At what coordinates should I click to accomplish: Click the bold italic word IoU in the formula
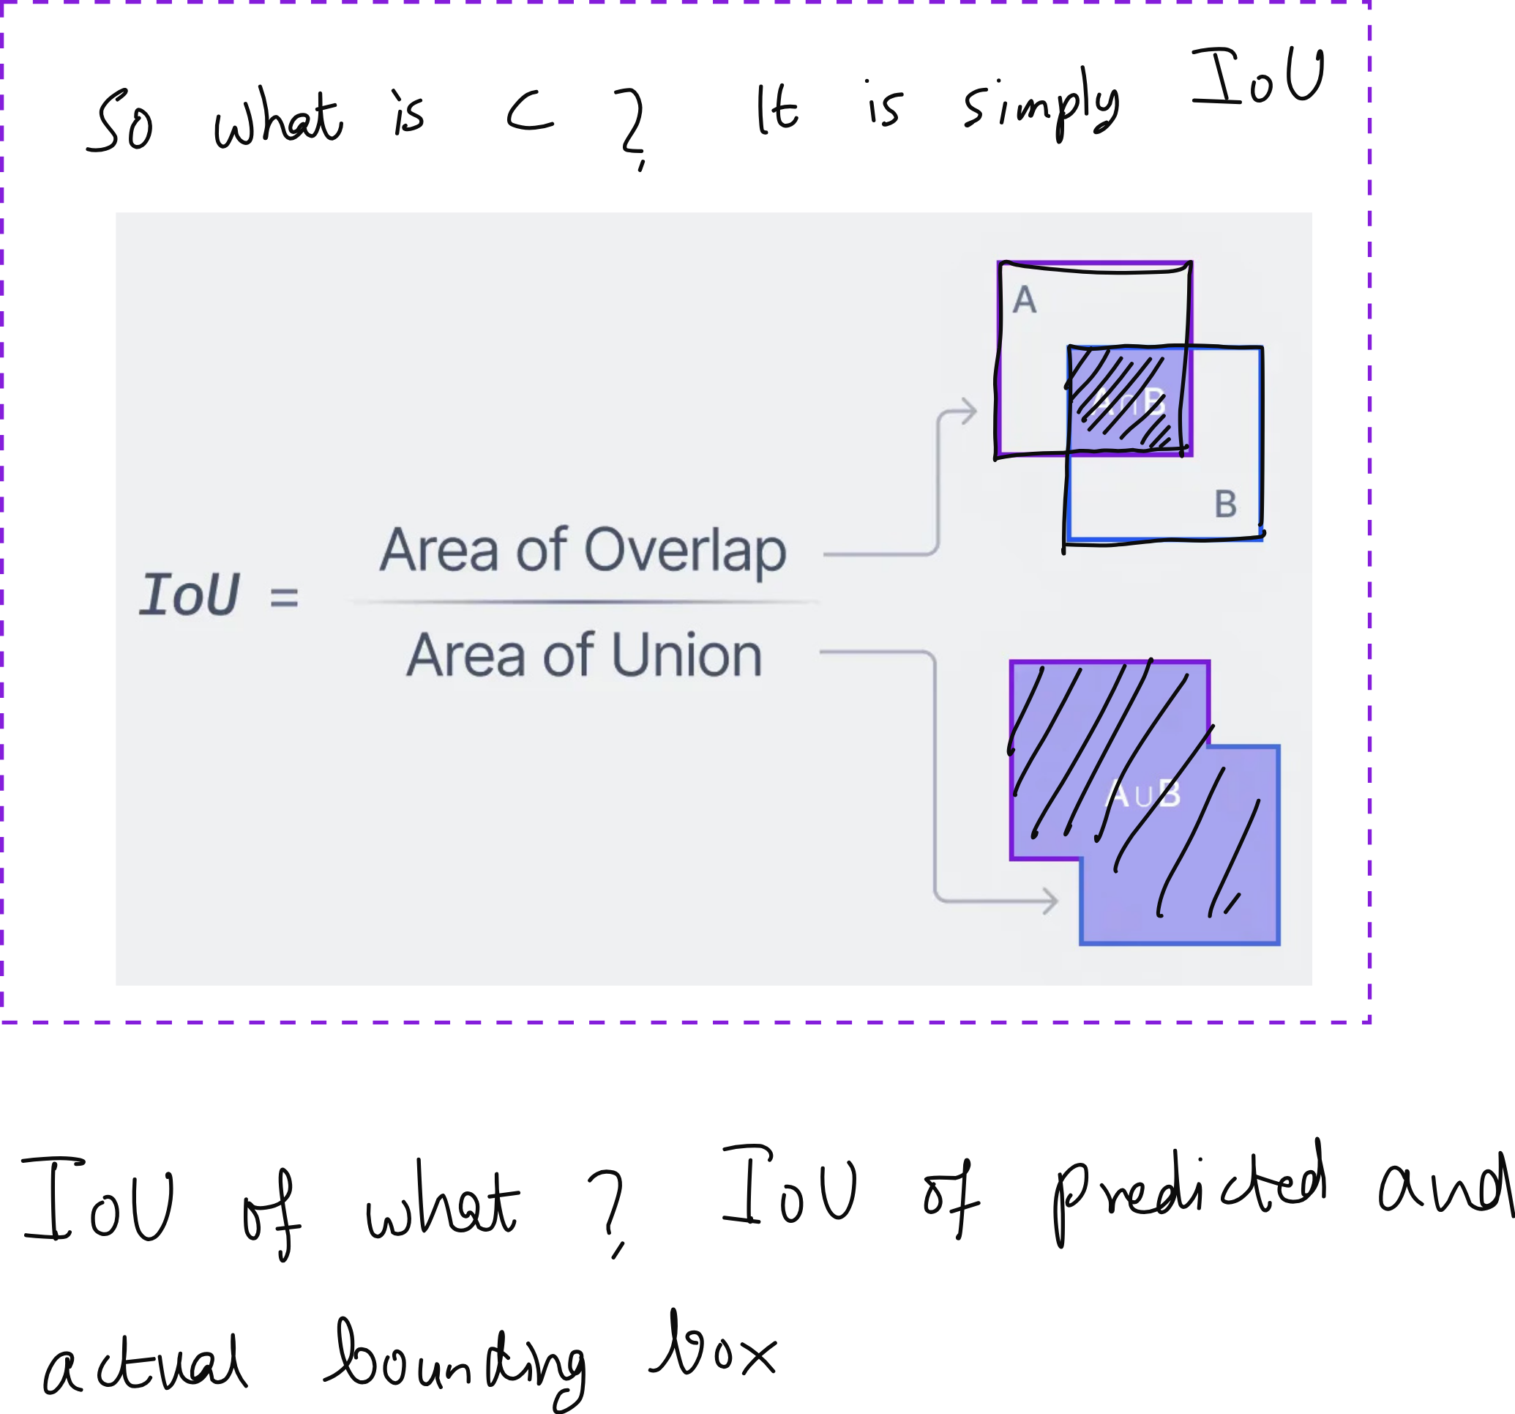point(190,595)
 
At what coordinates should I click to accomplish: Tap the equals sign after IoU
point(284,597)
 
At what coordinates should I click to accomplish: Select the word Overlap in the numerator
point(684,551)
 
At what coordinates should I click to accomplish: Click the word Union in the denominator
point(686,655)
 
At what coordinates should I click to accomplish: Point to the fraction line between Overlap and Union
point(584,602)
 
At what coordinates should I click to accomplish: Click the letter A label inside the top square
point(1024,300)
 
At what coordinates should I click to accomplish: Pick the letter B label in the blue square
point(1225,505)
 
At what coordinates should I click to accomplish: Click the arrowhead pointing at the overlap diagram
point(969,412)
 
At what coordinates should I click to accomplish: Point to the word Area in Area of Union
point(465,655)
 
